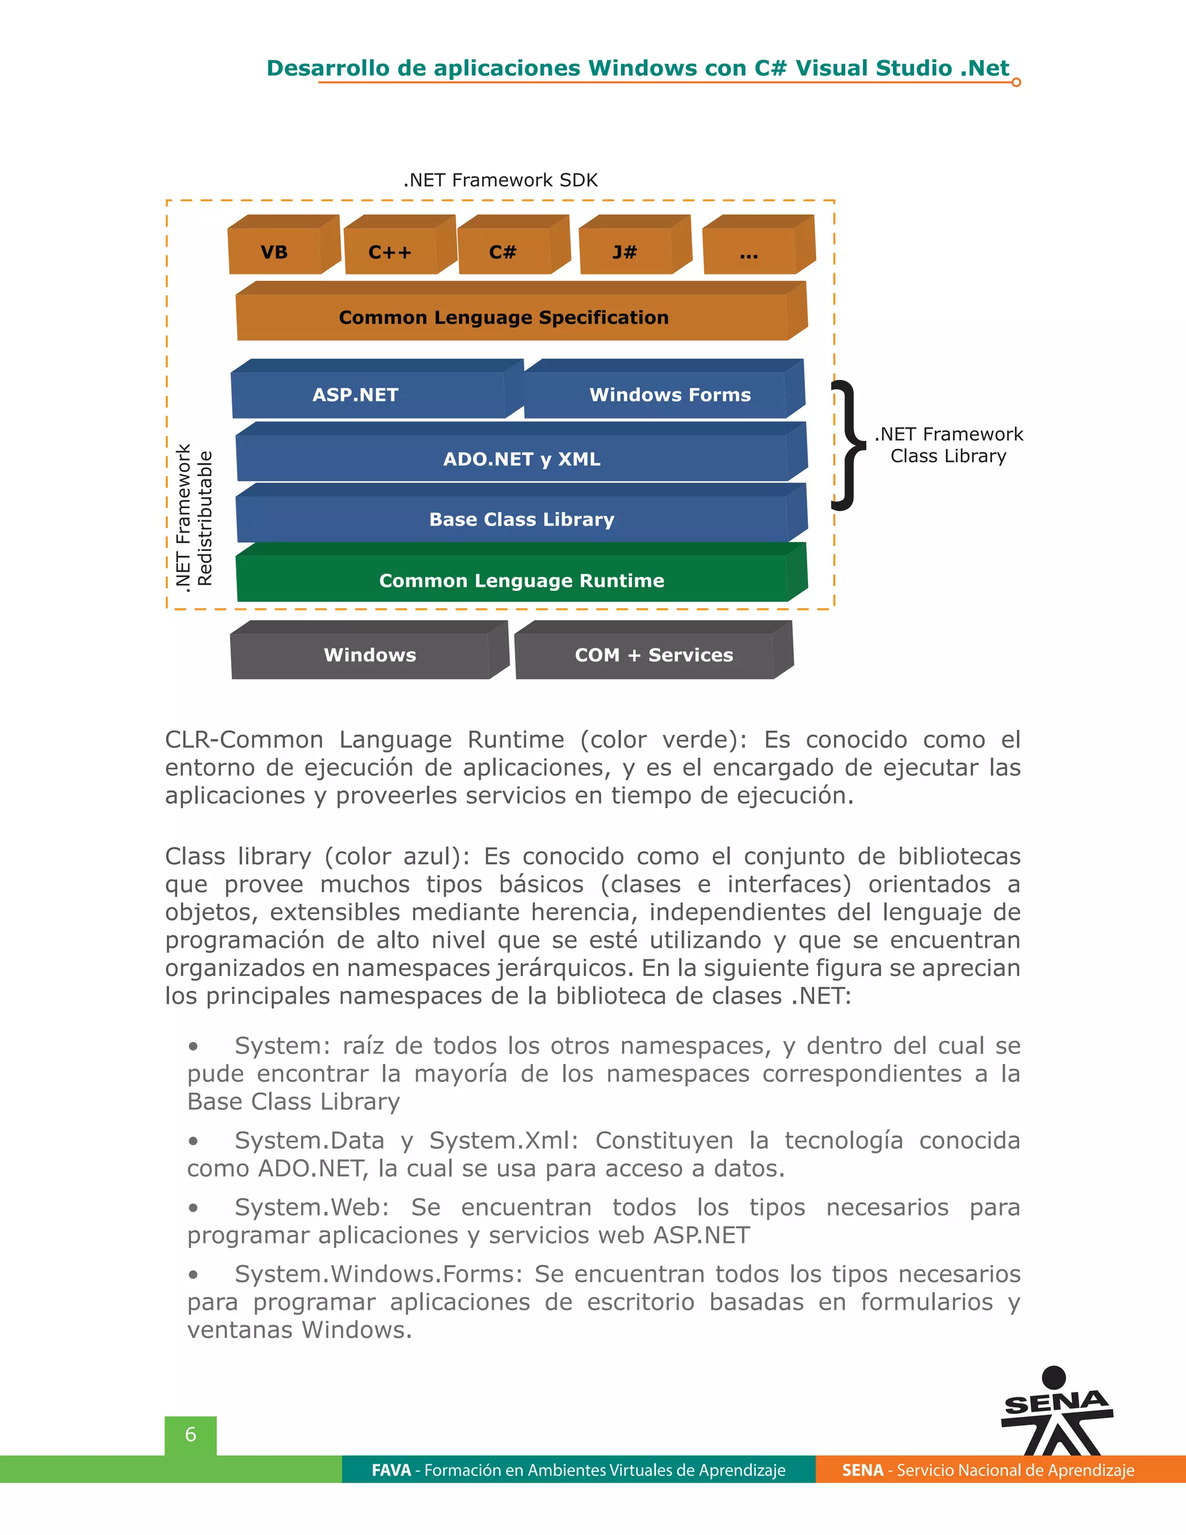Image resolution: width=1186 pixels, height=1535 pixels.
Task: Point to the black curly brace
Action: [x=847, y=444]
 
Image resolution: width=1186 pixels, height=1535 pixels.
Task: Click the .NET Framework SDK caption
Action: [x=500, y=180]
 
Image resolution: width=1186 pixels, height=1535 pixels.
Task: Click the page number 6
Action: [x=191, y=1434]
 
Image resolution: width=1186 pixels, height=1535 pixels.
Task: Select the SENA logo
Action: [x=1056, y=1413]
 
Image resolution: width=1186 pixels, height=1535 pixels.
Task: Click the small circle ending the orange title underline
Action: [x=1016, y=82]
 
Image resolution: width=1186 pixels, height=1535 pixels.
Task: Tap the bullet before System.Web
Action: [x=193, y=1208]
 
